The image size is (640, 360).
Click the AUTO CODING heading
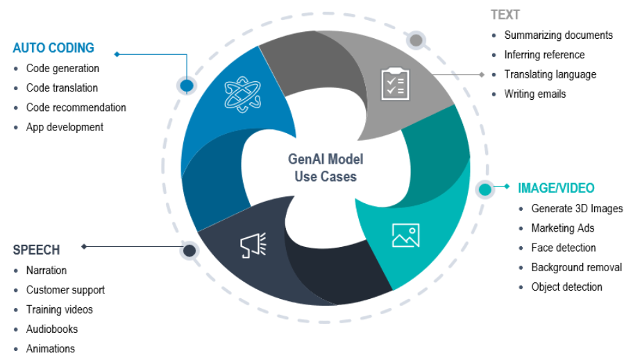point(53,49)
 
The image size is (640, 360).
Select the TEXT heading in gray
point(505,15)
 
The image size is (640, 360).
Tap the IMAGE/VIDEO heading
point(556,188)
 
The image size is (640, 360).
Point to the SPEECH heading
point(36,250)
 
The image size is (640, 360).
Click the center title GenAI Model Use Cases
point(325,168)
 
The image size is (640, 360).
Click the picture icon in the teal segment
point(405,235)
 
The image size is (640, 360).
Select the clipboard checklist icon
point(394,84)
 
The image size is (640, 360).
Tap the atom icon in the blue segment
point(243,95)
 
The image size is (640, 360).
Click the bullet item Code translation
point(62,88)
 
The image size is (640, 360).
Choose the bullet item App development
point(65,127)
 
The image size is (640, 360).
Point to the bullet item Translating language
point(550,74)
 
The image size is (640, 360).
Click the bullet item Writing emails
point(534,94)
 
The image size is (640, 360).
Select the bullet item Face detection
point(563,248)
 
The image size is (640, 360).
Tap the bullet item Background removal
point(576,267)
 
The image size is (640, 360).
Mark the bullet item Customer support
point(65,290)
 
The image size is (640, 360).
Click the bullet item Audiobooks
point(52,329)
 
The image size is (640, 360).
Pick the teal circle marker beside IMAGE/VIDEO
point(485,189)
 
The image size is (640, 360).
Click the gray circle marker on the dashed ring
point(416,40)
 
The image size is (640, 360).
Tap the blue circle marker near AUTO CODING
point(187,85)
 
